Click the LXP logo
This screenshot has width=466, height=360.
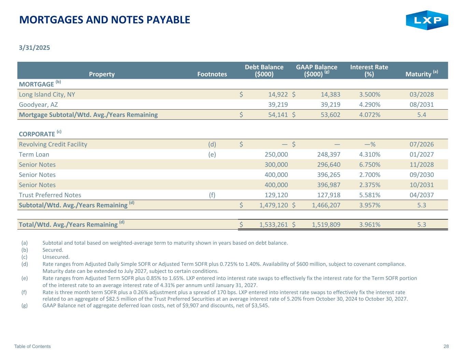(427, 20)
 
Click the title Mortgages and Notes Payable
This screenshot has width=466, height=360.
(105, 20)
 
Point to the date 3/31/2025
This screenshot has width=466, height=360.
(34, 47)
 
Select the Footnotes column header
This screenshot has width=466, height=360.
(212, 74)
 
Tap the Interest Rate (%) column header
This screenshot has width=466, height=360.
(369, 70)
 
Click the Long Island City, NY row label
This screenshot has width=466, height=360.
(47, 95)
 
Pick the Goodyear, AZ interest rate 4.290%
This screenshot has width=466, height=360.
(370, 104)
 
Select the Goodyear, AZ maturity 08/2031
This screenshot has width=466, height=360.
(422, 104)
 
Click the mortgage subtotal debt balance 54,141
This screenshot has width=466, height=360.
(274, 115)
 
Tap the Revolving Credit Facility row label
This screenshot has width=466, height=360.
(53, 144)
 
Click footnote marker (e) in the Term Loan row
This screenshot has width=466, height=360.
(212, 154)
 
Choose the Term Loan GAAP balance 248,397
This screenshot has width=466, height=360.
(326, 154)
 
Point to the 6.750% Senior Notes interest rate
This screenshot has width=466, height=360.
(370, 164)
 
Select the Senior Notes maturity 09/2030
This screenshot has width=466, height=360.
(422, 175)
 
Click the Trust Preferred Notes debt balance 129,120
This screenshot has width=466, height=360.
(276, 195)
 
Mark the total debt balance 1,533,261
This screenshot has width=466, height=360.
(273, 225)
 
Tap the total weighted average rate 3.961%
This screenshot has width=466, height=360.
(370, 225)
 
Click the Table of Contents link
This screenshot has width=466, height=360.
(32, 346)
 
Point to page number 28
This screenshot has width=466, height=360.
(446, 346)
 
